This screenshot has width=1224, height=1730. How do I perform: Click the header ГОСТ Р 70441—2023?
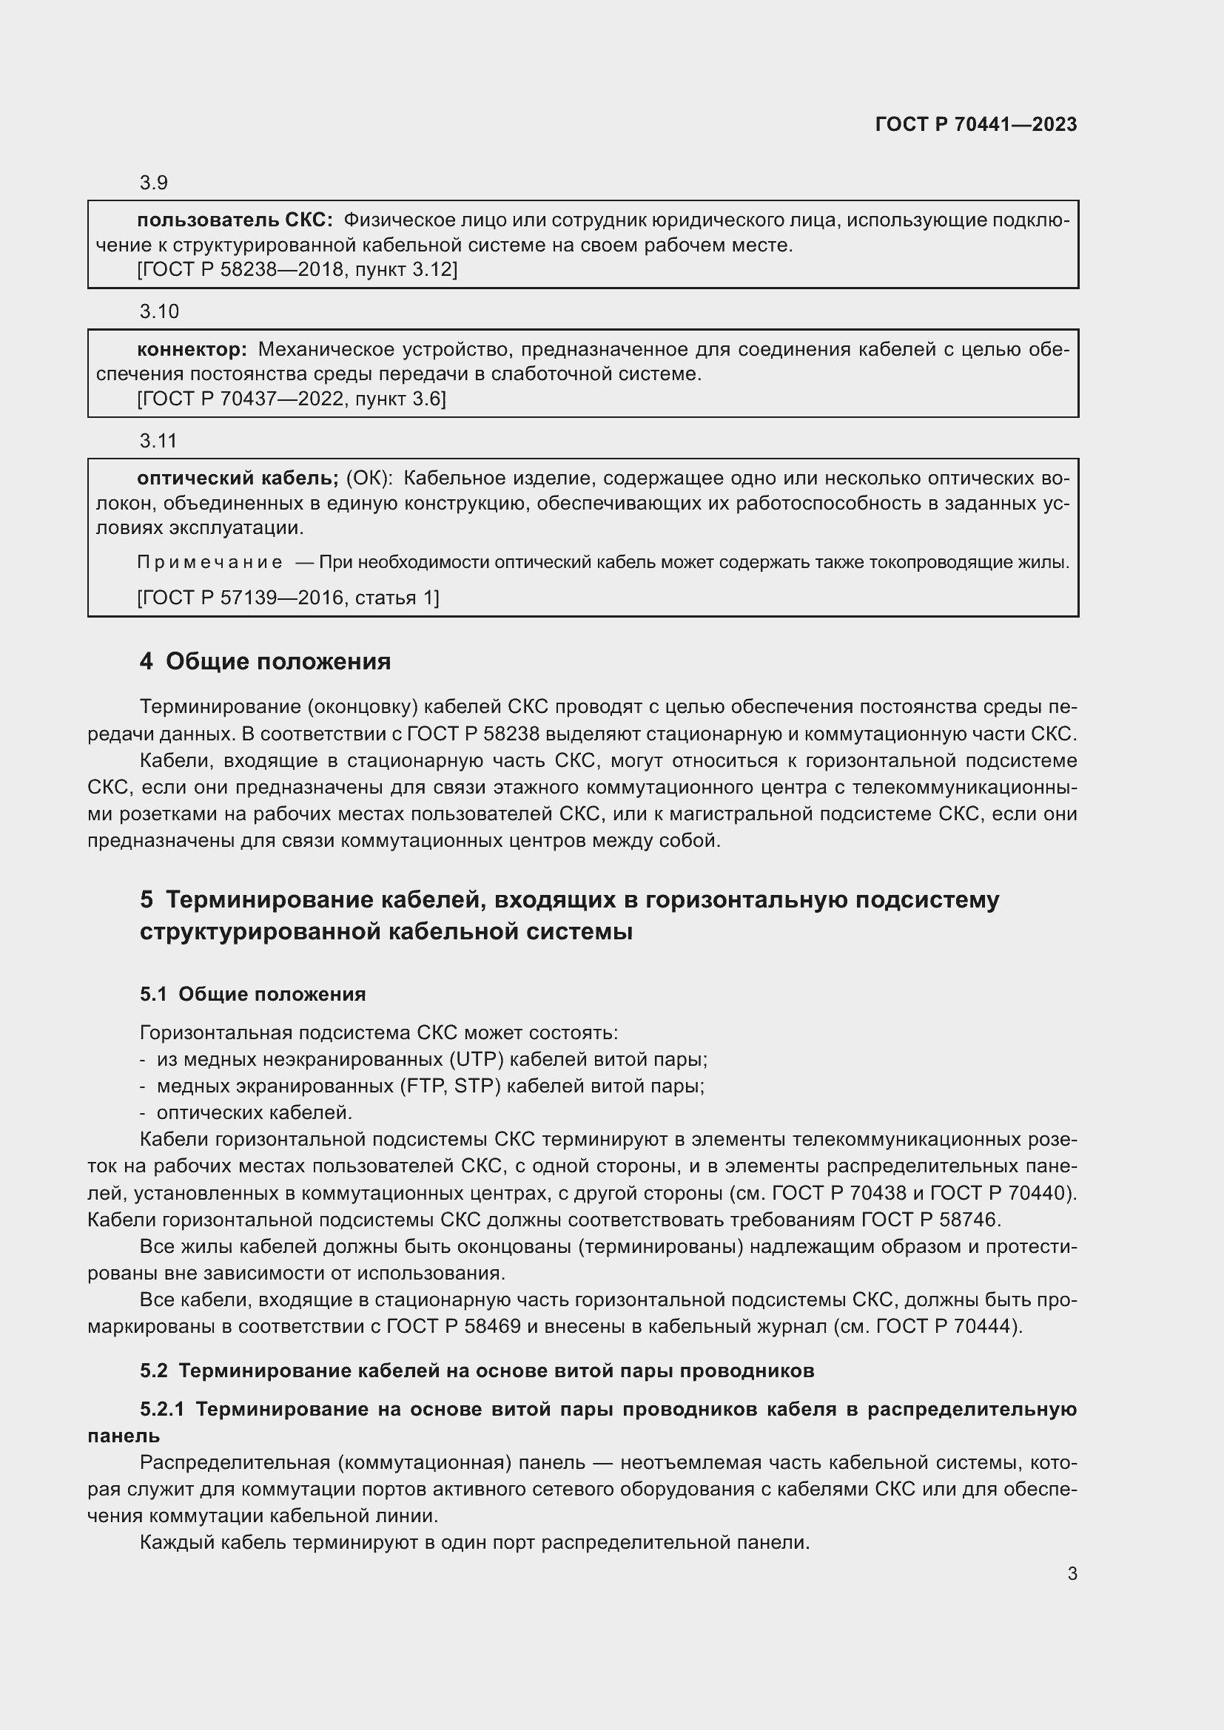[x=976, y=124]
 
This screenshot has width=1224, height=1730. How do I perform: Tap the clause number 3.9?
[x=153, y=183]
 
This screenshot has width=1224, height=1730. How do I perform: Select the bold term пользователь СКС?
[x=235, y=220]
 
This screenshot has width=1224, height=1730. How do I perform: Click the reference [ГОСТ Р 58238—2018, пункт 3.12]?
[x=297, y=270]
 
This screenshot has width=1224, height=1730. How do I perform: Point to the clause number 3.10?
[x=158, y=311]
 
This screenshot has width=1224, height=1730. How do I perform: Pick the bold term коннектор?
[x=192, y=349]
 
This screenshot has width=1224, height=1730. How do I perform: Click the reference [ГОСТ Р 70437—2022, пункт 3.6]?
[x=291, y=399]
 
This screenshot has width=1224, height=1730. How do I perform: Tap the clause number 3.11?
[x=158, y=440]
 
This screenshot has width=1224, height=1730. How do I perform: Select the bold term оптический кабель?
[x=238, y=478]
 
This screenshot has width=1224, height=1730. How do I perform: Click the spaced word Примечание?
[x=209, y=562]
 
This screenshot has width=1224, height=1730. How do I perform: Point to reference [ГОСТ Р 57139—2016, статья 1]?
[x=288, y=598]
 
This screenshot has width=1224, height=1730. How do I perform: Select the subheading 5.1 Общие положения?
[x=252, y=994]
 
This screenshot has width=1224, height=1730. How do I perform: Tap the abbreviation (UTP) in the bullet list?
[x=477, y=1059]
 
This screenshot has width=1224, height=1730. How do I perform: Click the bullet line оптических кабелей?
[x=254, y=1112]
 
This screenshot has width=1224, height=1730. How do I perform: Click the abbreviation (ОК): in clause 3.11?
[x=369, y=478]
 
